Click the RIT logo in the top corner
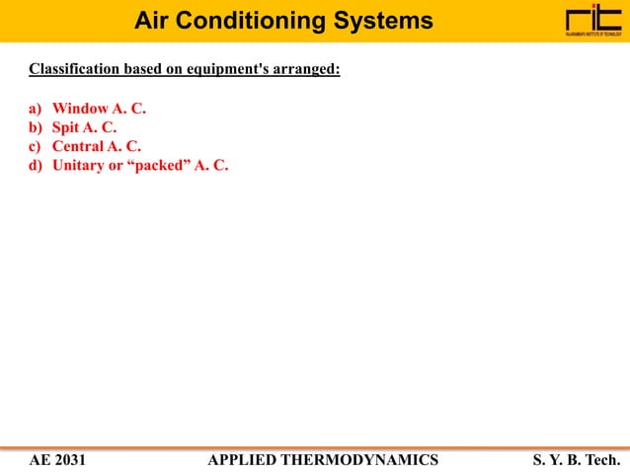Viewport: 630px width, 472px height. pyautogui.click(x=592, y=21)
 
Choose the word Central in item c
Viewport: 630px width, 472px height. pyautogui.click(x=78, y=146)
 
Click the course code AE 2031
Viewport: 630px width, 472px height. pyautogui.click(x=57, y=459)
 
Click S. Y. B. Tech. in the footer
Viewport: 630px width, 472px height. pyautogui.click(x=577, y=459)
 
